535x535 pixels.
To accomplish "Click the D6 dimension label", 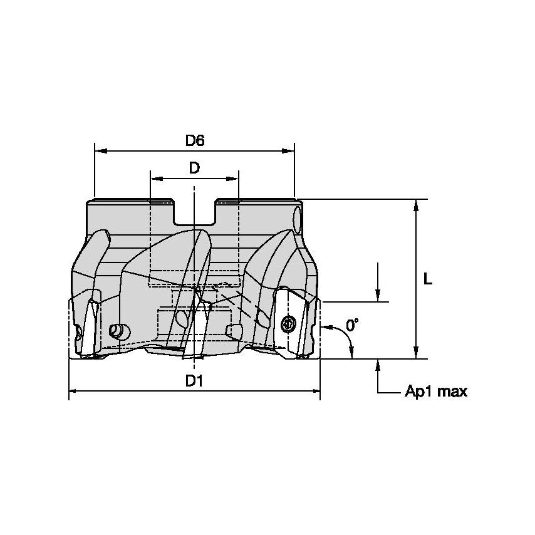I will tap(195, 141).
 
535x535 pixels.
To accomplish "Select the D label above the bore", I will tap(195, 168).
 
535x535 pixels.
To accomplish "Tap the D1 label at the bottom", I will tap(194, 380).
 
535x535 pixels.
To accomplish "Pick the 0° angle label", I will tap(353, 325).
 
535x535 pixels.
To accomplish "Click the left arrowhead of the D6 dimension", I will tap(100, 151).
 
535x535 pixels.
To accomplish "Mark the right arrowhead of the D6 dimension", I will tap(289, 151).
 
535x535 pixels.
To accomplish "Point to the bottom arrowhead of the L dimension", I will tap(415, 354).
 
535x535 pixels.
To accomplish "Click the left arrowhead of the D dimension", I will tap(155, 179).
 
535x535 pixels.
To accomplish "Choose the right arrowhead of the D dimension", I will tap(234, 179).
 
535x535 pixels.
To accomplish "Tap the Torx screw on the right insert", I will tap(288, 324).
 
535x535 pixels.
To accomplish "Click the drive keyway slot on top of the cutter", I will tap(195, 213).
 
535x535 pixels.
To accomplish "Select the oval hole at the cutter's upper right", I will tap(297, 221).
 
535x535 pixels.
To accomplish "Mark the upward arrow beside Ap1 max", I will tap(378, 365).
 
